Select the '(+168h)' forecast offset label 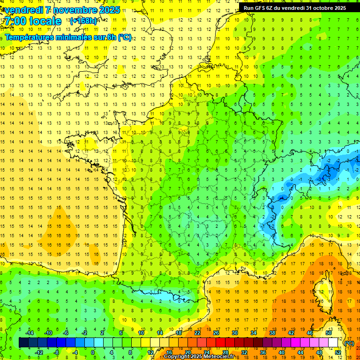(83, 21)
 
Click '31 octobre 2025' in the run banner (326, 8)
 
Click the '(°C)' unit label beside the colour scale (349, 343)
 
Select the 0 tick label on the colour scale (92, 352)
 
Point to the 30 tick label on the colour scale (234, 333)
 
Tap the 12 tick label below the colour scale (150, 352)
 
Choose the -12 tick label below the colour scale (39, 352)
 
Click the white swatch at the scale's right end (333, 343)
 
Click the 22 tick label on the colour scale (197, 333)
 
